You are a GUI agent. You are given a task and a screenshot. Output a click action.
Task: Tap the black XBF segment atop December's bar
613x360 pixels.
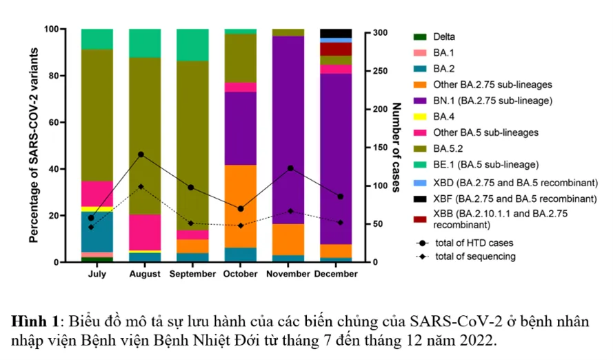coord(336,33)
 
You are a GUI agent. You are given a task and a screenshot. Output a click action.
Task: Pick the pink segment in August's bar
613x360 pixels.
coord(145,232)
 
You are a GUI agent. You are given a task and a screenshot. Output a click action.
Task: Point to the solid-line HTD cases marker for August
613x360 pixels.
coord(141,154)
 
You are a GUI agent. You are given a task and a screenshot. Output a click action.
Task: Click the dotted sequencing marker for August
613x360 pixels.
coord(141,186)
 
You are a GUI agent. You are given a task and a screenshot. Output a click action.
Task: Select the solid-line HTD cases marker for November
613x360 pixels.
coord(290,168)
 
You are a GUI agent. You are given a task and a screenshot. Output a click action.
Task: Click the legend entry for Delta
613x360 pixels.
coord(445,37)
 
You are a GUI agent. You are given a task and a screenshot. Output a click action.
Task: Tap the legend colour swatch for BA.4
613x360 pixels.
coord(419,117)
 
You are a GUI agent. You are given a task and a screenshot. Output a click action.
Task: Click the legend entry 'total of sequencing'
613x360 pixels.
coord(474,257)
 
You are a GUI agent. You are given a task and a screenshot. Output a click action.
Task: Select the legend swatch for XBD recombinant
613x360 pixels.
coord(419,183)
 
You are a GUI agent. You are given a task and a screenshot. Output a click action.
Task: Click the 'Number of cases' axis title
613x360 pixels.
coord(396,147)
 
